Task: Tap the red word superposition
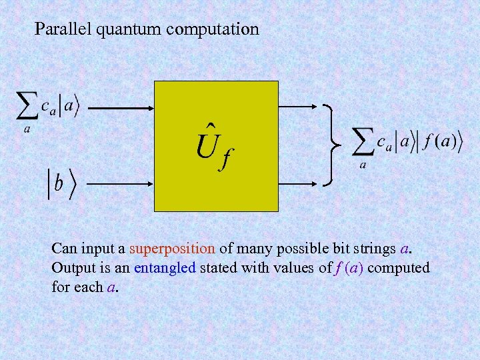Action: click(172, 249)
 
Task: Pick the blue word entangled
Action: click(165, 269)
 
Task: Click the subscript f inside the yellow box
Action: click(227, 160)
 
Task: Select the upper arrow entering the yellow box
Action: click(122, 106)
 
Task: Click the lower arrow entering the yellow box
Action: click(122, 181)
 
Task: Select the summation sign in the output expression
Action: click(363, 141)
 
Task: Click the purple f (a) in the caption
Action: click(349, 269)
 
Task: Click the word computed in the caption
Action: click(399, 269)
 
